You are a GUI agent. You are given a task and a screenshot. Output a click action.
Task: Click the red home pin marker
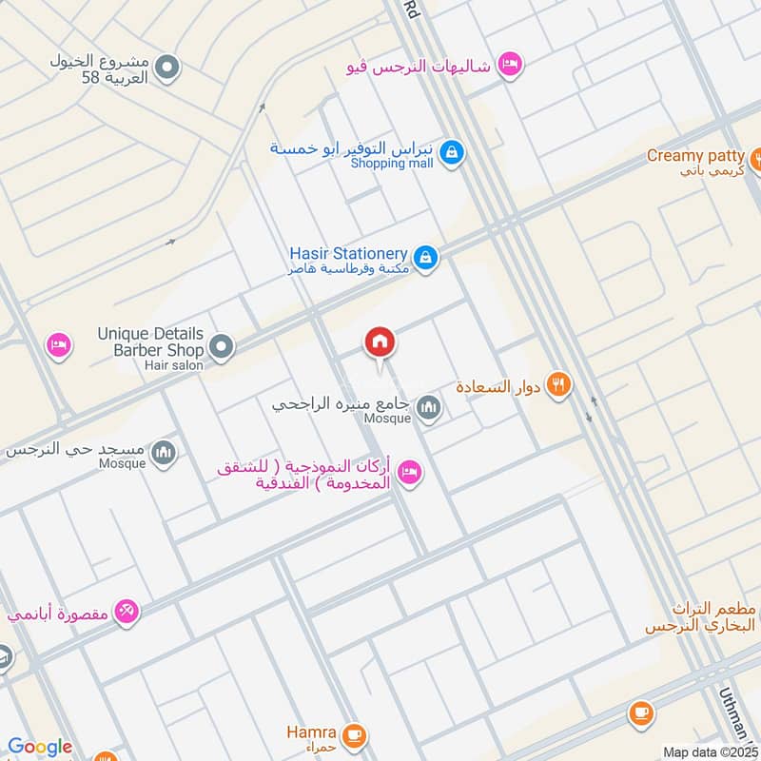coord(380,342)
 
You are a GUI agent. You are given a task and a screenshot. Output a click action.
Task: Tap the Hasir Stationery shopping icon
coord(426,257)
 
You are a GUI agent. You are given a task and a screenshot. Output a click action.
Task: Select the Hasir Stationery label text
coord(349,254)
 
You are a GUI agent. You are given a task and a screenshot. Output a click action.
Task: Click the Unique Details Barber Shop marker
coord(221,347)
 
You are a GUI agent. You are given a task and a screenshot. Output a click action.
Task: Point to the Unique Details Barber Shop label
coord(150,341)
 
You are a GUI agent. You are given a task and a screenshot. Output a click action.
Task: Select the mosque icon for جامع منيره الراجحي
coord(429,409)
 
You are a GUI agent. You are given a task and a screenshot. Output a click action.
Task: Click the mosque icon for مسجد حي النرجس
coord(164,452)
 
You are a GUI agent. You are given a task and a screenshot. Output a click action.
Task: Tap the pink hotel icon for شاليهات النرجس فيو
coord(510,64)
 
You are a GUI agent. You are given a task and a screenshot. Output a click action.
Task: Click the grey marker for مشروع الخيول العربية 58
coord(167,68)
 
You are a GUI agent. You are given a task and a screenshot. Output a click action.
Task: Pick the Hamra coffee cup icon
coord(354,734)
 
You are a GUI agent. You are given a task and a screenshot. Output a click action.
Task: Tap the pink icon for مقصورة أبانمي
coord(126,612)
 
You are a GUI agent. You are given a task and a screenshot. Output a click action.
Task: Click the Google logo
coord(39,747)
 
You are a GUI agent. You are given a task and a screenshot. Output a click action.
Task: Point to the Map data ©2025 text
coord(709,751)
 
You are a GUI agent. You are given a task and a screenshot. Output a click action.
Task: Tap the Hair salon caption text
coord(168,365)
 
